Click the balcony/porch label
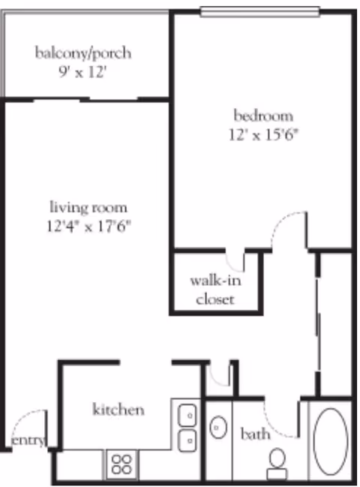82,53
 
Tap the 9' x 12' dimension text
82,72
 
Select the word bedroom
263,116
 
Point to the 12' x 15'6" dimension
263,135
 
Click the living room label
88,207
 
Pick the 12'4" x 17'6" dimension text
88,226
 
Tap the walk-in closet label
215,290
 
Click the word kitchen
118,410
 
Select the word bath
255,434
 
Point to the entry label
28,440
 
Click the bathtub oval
330,441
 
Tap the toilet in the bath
277,464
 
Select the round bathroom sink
218,428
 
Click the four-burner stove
121,464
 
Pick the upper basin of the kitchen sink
187,415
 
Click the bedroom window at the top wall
259,12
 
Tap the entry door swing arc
26,419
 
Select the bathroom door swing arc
273,426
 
